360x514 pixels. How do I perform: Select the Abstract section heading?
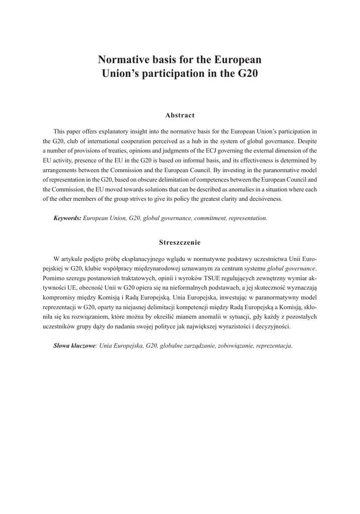point(180,115)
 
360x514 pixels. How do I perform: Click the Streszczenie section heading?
point(180,242)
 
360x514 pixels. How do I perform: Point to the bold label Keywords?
point(67,219)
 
